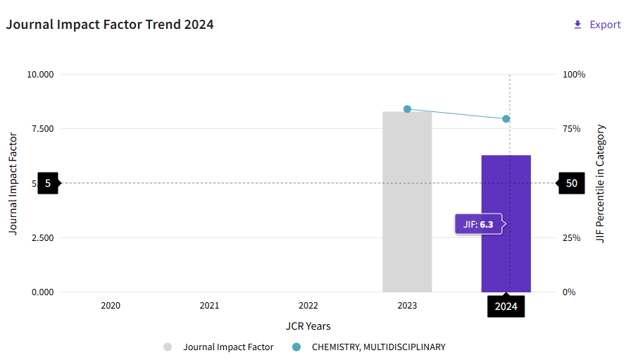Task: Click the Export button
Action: (x=597, y=25)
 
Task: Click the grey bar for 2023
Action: (x=407, y=204)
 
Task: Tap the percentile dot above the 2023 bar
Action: (x=407, y=109)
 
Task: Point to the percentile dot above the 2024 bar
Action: (x=506, y=118)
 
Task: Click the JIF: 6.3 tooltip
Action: (x=480, y=224)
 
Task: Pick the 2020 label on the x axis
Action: (x=111, y=306)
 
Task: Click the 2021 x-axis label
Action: (x=209, y=306)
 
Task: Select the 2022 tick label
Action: (x=308, y=306)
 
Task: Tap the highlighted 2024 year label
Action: (x=506, y=306)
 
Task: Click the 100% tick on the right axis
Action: (x=575, y=75)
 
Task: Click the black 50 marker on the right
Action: (x=571, y=183)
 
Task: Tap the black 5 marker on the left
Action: (x=48, y=183)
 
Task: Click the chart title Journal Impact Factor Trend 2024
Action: (x=110, y=25)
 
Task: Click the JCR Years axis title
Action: (x=308, y=326)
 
